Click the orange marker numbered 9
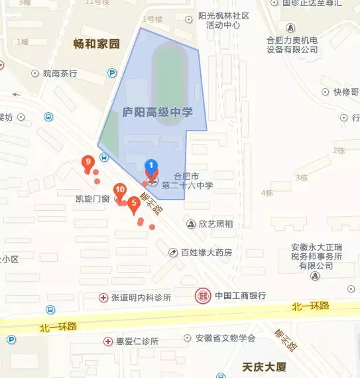click(87, 162)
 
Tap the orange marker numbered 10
click(120, 190)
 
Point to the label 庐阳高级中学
click(158, 113)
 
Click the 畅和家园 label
click(96, 44)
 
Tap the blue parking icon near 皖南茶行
click(112, 74)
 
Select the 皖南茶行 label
click(60, 74)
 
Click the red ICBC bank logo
click(203, 296)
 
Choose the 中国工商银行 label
click(241, 296)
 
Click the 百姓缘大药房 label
click(206, 252)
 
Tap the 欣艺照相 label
click(215, 224)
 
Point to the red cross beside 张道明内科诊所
click(103, 298)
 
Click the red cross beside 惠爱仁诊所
click(108, 341)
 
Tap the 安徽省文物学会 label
click(225, 338)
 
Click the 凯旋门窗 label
click(92, 198)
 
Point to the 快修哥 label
click(345, 92)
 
